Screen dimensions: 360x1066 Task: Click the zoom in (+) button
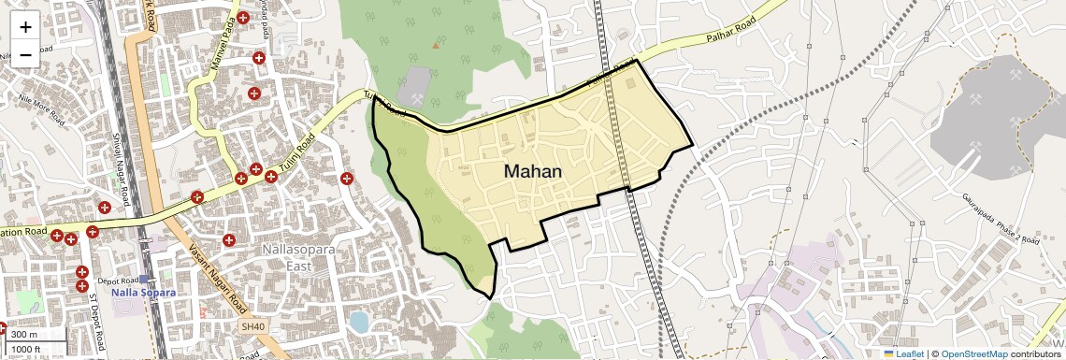click(25, 26)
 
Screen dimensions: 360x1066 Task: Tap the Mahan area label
click(533, 171)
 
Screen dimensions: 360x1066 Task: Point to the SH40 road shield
click(252, 326)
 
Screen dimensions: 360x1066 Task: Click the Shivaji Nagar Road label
click(121, 174)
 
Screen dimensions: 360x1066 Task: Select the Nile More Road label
click(35, 114)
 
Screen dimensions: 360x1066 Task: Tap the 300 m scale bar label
click(25, 335)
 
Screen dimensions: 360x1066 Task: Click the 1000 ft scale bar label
click(27, 349)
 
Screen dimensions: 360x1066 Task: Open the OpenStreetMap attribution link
click(974, 353)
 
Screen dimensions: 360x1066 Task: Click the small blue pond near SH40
click(359, 323)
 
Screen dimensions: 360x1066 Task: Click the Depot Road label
click(118, 280)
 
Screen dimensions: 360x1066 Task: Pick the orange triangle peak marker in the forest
click(435, 44)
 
